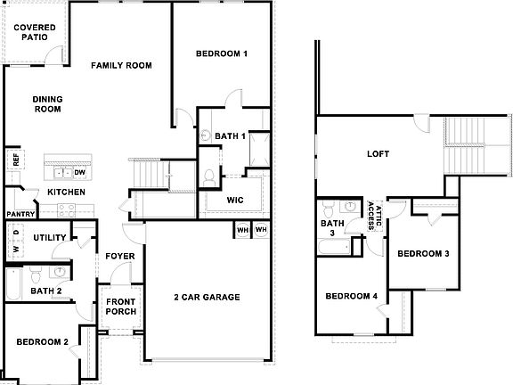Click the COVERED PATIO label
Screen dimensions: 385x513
pyautogui.click(x=35, y=33)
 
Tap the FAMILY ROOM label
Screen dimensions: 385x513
pyautogui.click(x=121, y=66)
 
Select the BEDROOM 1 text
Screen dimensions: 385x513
pyautogui.click(x=222, y=54)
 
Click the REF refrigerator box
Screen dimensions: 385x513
pyautogui.click(x=15, y=160)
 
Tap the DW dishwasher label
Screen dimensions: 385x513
pyautogui.click(x=80, y=173)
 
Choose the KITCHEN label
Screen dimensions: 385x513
pyautogui.click(x=66, y=192)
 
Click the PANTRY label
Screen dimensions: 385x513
pyautogui.click(x=20, y=214)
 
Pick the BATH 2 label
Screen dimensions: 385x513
pyautogui.click(x=45, y=291)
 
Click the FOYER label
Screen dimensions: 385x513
pyautogui.click(x=120, y=256)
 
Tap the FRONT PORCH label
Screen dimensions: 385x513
pyautogui.click(x=120, y=307)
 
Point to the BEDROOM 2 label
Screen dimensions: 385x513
pyautogui.click(x=41, y=342)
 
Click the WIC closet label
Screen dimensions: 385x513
pyautogui.click(x=236, y=200)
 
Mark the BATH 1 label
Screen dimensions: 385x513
pyautogui.click(x=230, y=136)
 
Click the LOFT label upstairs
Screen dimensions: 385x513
pyautogui.click(x=379, y=153)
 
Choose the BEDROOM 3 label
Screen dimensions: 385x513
pyautogui.click(x=423, y=254)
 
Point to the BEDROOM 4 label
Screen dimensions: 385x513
pyautogui.click(x=352, y=297)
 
